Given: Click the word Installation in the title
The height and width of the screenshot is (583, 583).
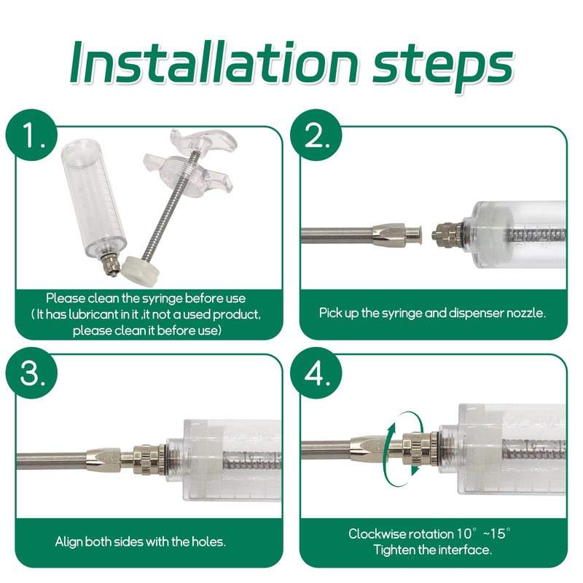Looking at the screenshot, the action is coord(214,62).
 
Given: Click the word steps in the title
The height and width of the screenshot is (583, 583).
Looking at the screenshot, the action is coord(443,66).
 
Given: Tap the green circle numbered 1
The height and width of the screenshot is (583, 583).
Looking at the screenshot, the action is coord(31,135).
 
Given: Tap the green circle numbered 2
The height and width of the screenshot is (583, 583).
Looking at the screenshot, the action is coord(316,135).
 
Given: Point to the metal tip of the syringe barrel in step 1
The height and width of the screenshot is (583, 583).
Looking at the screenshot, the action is coord(111,266).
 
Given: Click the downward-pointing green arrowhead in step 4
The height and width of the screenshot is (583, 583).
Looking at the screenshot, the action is coord(415,469).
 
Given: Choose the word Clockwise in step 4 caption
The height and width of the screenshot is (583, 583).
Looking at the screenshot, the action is coord(377,533).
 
